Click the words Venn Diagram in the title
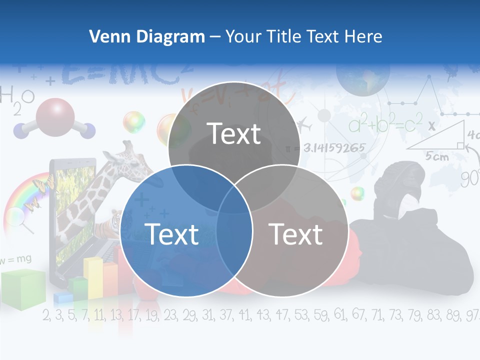147,36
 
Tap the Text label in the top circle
234,133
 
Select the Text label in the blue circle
171,234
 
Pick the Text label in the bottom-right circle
296,234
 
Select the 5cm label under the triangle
437,156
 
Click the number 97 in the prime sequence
471,315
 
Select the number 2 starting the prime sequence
46,315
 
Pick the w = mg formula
16,259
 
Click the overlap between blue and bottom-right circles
234,235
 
